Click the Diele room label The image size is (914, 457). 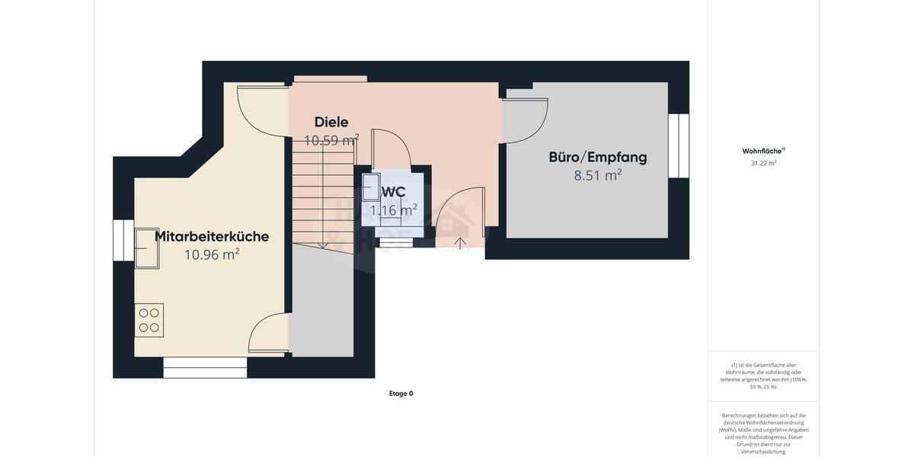click(331, 122)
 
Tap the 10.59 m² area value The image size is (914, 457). click(331, 140)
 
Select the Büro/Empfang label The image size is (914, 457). click(598, 157)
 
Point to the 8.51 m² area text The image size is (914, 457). click(598, 175)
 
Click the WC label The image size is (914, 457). click(394, 192)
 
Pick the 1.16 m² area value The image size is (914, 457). click(394, 210)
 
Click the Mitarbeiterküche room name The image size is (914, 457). click(212, 236)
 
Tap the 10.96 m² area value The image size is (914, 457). click(212, 254)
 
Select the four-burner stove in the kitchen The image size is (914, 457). click(149, 320)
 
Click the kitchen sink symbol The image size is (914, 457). click(147, 248)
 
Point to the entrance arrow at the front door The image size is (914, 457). click(460, 243)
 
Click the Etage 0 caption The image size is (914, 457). click(401, 394)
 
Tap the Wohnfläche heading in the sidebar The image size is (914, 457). click(763, 151)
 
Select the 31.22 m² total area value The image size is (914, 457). click(763, 163)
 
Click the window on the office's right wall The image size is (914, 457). click(679, 145)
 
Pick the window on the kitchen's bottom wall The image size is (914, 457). click(205, 368)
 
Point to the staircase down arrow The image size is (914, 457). click(323, 242)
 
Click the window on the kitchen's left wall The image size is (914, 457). click(123, 240)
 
